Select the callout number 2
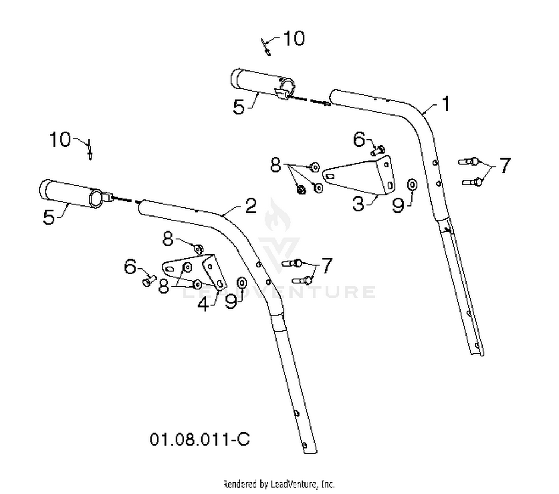coord(250,206)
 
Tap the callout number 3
coord(358,204)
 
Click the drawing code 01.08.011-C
coord(199,439)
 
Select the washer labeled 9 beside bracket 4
coord(242,283)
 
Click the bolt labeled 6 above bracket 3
coord(378,151)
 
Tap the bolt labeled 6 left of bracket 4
coord(149,280)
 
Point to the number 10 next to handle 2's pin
coord(60,139)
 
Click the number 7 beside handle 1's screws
coord(505,166)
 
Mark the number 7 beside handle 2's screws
coord(327,266)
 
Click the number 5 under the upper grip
coord(239,107)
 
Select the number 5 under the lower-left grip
coord(49,217)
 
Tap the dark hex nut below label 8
coord(300,189)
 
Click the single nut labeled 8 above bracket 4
coord(198,249)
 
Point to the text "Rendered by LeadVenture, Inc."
coord(279,484)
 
